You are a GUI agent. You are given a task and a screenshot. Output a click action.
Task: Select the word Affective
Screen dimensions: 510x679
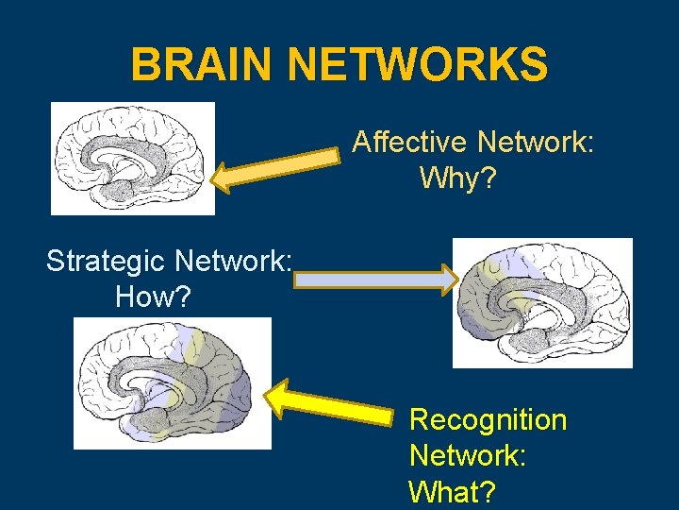coord(410,143)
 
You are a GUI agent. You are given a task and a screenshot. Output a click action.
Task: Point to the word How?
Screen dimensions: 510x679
coord(153,297)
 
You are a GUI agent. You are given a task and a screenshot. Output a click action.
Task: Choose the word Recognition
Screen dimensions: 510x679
coord(489,419)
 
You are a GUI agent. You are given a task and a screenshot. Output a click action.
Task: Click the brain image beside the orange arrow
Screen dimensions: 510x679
coord(133,159)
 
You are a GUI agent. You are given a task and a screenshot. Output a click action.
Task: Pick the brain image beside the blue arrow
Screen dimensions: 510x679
coord(542,302)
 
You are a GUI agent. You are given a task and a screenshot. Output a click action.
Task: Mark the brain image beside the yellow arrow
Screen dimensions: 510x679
coord(173,382)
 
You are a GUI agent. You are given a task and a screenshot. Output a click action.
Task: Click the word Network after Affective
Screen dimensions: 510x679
coord(535,143)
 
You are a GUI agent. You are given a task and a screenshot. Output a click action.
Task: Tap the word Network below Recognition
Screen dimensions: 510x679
coord(467,455)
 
